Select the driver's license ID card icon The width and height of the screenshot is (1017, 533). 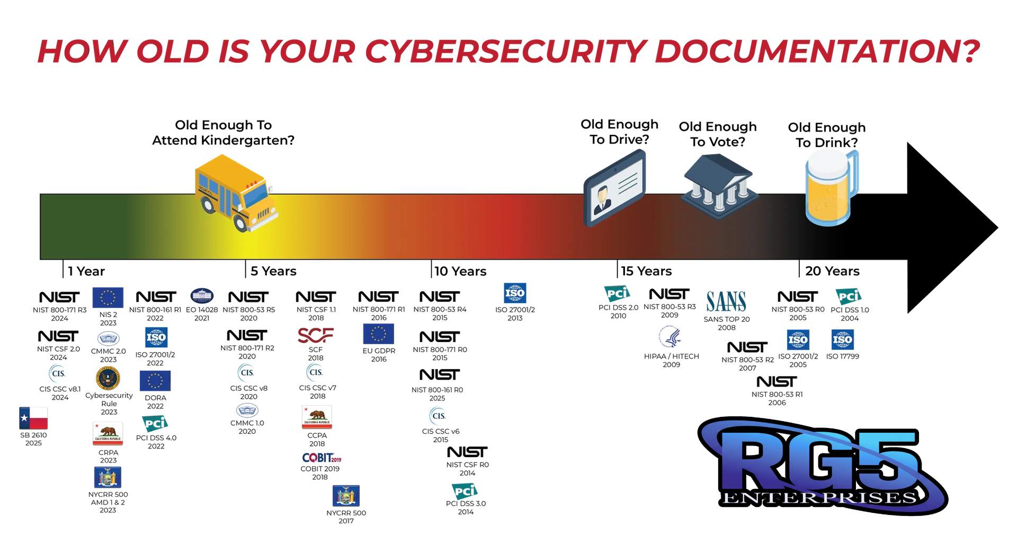(x=614, y=188)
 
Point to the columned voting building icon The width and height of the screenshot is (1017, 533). (x=719, y=186)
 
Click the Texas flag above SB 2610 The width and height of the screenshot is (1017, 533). (x=33, y=418)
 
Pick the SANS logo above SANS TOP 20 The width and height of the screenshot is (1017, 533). (x=726, y=302)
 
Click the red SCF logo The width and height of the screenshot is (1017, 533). (x=316, y=335)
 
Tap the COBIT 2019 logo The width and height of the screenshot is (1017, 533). (x=322, y=458)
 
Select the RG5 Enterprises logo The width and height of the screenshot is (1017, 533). (x=823, y=466)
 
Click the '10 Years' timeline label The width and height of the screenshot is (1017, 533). (x=460, y=272)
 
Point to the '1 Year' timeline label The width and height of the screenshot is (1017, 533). (x=86, y=272)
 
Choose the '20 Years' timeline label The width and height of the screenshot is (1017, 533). (x=832, y=272)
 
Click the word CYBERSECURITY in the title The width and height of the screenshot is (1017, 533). (x=505, y=51)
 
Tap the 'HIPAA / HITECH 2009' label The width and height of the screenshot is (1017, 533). (x=671, y=361)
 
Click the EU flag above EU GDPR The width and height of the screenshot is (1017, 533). (x=379, y=334)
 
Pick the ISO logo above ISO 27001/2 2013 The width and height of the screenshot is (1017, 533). (x=515, y=293)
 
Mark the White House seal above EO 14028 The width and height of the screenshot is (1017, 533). (x=202, y=296)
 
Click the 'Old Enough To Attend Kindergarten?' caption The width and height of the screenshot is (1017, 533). (x=223, y=133)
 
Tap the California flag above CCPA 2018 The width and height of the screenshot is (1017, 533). (x=317, y=417)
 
